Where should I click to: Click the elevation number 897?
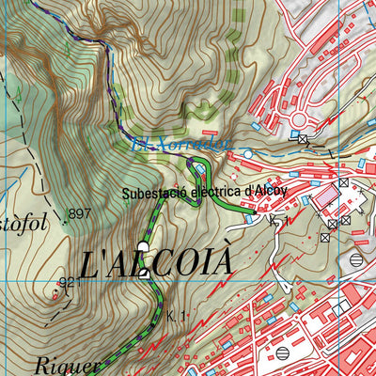click(x=80, y=213)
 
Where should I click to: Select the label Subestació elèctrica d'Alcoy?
click(x=203, y=195)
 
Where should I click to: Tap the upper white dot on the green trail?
click(x=143, y=248)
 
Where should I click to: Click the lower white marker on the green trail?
click(x=143, y=274)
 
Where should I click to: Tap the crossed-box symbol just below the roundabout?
click(x=303, y=139)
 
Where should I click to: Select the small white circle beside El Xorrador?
click(x=246, y=151)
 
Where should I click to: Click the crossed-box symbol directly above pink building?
click(x=344, y=182)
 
